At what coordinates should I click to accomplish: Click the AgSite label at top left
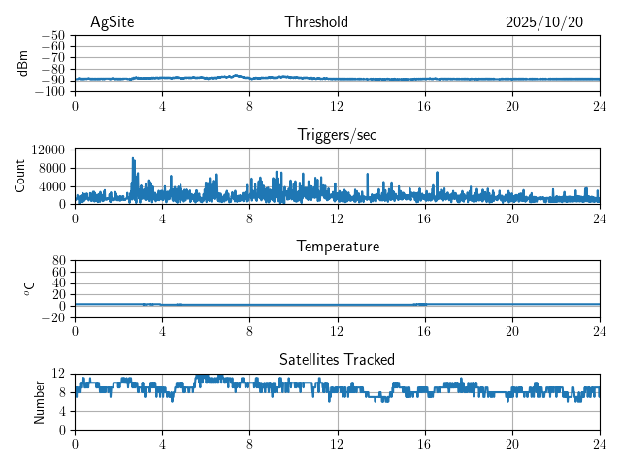click(112, 22)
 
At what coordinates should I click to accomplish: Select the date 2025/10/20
click(544, 22)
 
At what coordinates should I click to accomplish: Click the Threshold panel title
click(316, 22)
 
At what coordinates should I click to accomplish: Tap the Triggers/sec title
click(337, 135)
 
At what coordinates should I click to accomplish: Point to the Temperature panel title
click(337, 247)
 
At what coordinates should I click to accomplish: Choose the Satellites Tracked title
click(337, 359)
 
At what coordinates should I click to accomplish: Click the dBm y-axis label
click(23, 63)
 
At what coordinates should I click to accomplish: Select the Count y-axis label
click(20, 176)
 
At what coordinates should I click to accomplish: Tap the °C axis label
click(29, 288)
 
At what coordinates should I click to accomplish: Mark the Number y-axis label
click(40, 401)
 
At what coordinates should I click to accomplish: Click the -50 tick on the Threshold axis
click(52, 35)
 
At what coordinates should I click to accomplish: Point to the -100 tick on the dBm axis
click(49, 92)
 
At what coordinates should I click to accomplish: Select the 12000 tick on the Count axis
click(48, 150)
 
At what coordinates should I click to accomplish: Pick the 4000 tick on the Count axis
click(52, 186)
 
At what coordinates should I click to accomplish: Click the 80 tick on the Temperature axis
click(59, 260)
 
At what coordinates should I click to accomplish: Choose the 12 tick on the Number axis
click(59, 374)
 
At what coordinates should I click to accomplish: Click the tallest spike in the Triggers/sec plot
click(133, 159)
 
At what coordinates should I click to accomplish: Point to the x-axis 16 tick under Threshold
click(424, 106)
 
